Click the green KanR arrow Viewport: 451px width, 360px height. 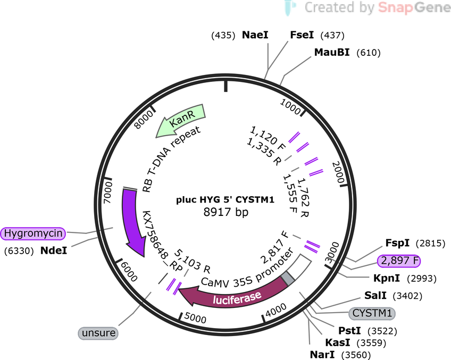coord(181,121)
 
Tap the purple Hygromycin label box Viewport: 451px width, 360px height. coord(33,233)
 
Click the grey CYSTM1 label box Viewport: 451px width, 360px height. coord(372,313)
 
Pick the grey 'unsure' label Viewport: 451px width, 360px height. coord(98,333)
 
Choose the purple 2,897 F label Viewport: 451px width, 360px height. coord(399,261)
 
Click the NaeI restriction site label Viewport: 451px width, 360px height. coord(255,35)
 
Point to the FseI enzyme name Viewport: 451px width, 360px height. coord(302,35)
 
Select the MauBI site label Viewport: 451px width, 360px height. coord(332,52)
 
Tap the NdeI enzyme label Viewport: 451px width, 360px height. coord(54,250)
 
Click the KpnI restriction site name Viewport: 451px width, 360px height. coord(387,278)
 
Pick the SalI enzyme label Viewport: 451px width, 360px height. coord(375,296)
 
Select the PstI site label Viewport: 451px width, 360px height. coord(349,331)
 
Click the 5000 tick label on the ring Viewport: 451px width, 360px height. coord(195,318)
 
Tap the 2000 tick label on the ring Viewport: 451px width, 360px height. coord(338,172)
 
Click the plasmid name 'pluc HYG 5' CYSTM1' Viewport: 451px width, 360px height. coord(225,199)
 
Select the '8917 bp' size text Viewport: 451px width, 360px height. coord(226,212)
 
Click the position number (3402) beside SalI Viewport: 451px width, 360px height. coord(407,296)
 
